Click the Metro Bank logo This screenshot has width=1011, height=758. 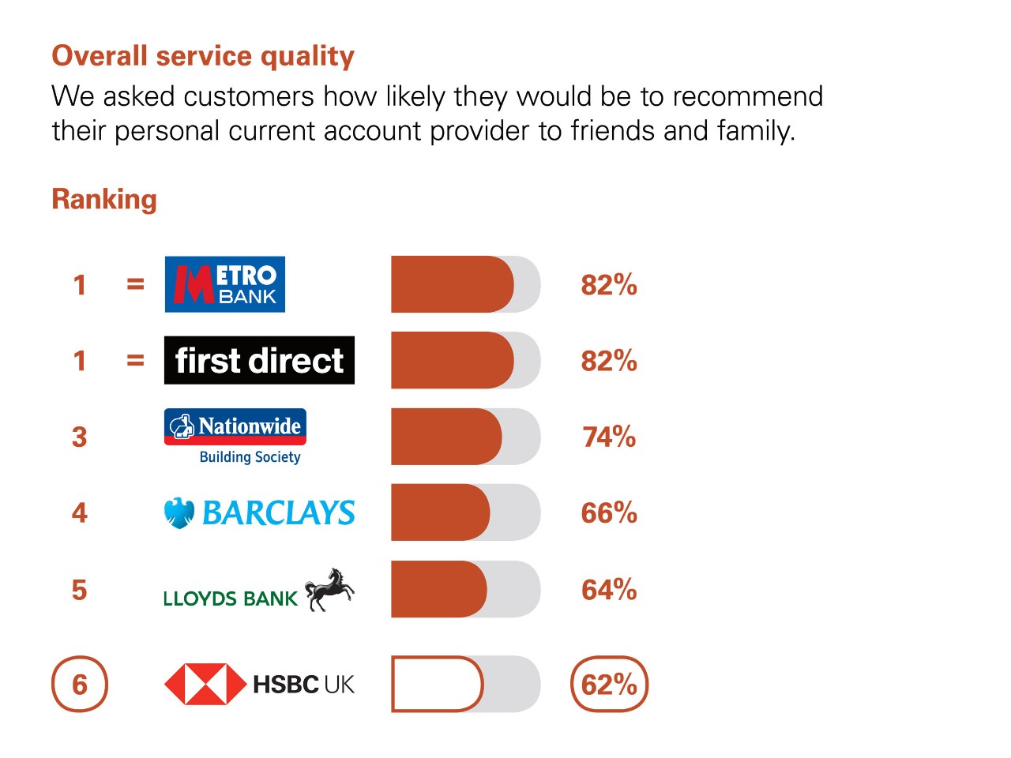point(225,284)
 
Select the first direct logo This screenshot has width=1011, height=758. point(259,360)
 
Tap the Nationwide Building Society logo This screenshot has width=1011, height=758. point(235,437)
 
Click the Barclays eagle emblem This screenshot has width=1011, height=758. point(179,512)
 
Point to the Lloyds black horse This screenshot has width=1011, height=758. point(329,590)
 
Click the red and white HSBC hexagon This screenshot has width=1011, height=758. point(205,684)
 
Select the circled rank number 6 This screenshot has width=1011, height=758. point(80,684)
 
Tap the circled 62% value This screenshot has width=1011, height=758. point(609,684)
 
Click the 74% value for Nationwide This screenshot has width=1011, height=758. point(609,437)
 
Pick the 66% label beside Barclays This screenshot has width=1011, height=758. point(609,512)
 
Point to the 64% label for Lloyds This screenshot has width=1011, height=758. point(609,590)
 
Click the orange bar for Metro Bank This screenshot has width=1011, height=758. point(453,284)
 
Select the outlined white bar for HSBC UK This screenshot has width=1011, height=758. point(438,684)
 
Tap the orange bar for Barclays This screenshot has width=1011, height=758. point(440,512)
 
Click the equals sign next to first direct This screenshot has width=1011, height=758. point(135,360)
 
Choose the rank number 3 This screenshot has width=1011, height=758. point(80,437)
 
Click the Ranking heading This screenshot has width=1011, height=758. point(104,201)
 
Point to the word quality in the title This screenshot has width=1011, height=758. point(308,57)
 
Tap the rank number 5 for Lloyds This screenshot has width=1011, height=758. point(80,590)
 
